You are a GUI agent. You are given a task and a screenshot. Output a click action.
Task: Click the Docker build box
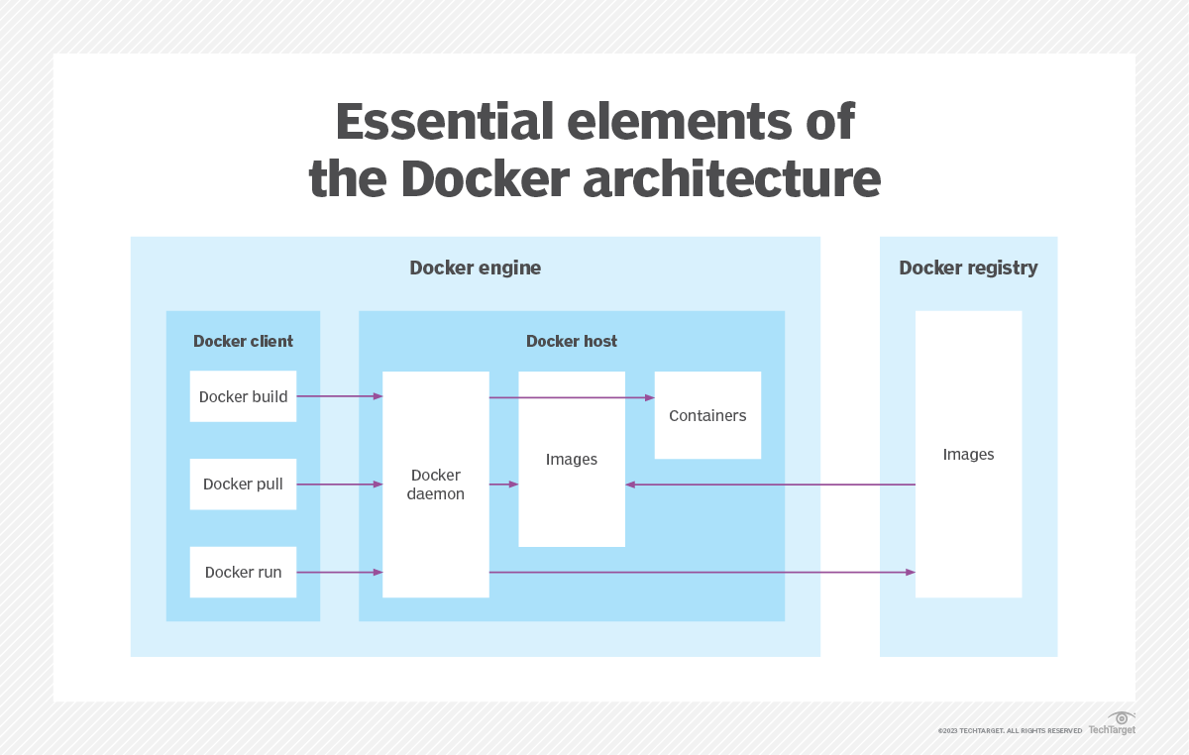243,396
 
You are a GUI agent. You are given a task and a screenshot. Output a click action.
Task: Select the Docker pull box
243,485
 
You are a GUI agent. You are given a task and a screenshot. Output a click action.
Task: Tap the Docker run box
243,572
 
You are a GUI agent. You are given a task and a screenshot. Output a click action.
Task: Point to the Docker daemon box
436,485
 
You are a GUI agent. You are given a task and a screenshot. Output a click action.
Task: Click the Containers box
707,415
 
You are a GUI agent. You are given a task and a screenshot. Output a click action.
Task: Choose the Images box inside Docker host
572,460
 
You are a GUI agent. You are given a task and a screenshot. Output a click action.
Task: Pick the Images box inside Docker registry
968,455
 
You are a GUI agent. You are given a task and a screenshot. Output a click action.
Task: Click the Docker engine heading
476,268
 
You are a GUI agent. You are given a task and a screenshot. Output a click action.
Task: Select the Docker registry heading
968,268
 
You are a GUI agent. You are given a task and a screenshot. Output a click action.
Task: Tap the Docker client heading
243,341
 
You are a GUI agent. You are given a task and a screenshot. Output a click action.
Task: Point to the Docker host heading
572,341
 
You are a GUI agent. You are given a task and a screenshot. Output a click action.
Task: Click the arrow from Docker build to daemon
339,396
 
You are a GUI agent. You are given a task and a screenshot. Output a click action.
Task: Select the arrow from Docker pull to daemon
339,485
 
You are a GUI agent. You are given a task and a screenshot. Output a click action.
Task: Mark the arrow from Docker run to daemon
339,572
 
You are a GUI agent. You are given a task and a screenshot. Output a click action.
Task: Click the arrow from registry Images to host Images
770,485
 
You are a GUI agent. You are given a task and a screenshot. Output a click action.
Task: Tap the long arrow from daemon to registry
702,572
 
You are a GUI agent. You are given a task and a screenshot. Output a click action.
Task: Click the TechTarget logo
1114,724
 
